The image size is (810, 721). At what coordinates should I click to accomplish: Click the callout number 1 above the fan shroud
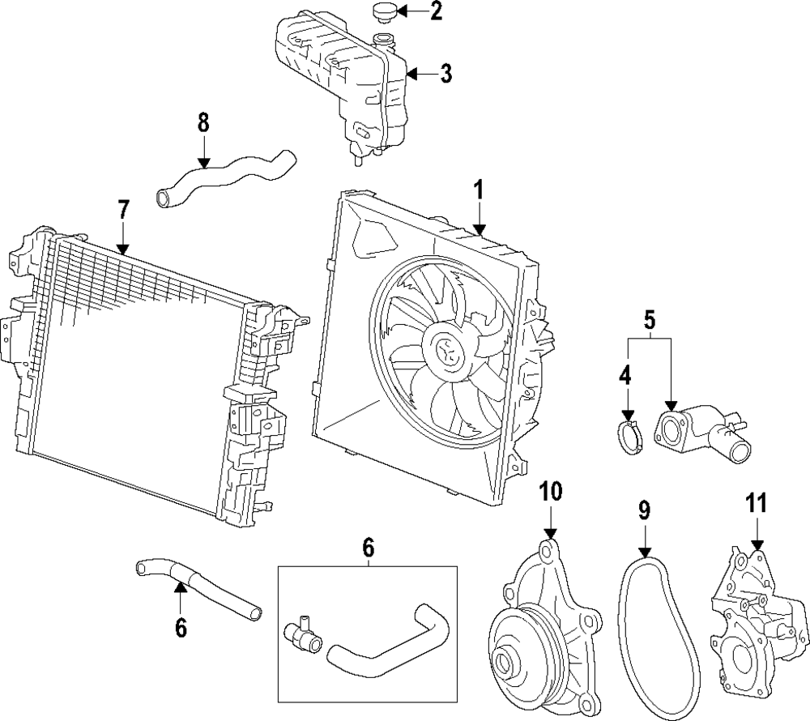(479, 190)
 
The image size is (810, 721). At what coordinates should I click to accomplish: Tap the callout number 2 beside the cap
(437, 11)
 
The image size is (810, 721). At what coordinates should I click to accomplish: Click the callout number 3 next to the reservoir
(446, 74)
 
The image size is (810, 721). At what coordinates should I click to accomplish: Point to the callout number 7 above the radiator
(123, 211)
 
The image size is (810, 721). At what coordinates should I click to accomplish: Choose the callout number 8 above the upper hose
(203, 122)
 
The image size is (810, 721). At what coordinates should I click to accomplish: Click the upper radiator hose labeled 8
(225, 179)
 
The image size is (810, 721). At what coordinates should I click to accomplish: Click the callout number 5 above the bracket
(650, 320)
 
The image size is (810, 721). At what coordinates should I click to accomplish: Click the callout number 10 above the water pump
(551, 492)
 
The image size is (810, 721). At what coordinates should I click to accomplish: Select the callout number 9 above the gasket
(644, 510)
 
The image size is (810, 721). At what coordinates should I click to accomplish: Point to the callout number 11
(757, 503)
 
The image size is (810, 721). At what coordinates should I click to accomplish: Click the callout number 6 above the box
(368, 548)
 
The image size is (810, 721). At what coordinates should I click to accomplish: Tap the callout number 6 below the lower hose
(181, 628)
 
